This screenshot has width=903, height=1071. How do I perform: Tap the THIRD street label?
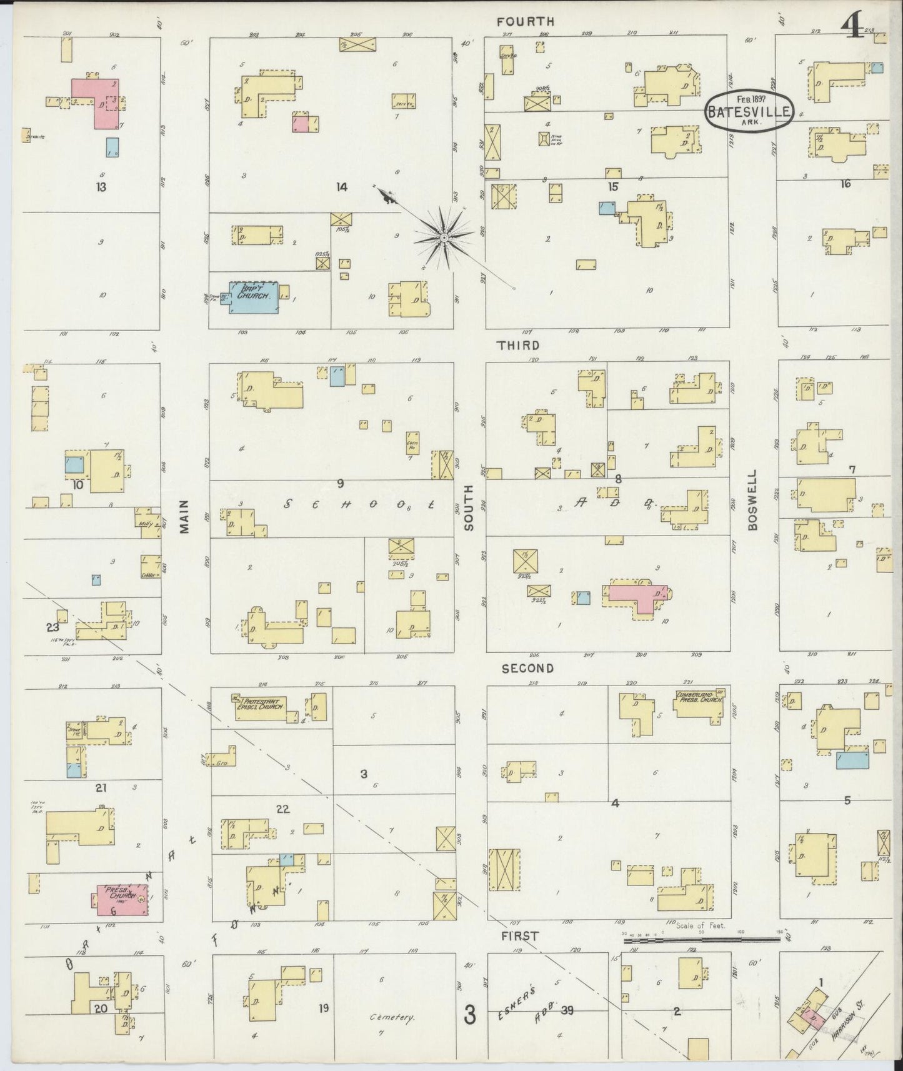click(518, 345)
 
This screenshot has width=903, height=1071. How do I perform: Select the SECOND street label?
click(528, 669)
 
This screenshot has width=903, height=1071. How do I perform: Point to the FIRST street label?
click(519, 935)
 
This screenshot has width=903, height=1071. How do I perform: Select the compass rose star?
click(443, 238)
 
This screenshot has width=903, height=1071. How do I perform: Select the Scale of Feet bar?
click(703, 939)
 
